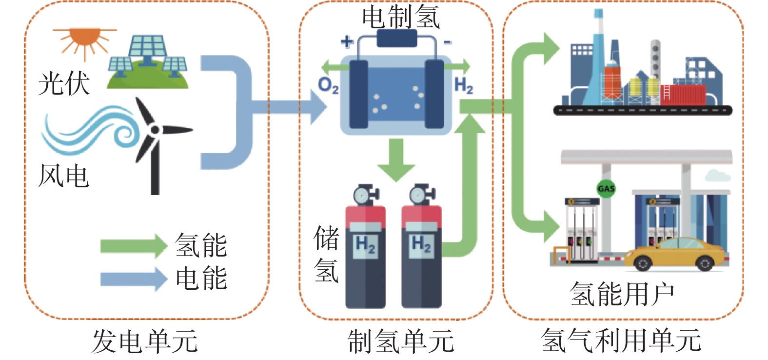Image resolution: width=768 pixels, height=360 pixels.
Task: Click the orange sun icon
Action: click(x=84, y=41)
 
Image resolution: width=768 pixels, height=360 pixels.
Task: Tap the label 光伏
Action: click(x=64, y=83)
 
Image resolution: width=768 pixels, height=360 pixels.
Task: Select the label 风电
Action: click(x=64, y=176)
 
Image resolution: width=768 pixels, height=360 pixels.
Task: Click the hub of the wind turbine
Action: click(x=155, y=130)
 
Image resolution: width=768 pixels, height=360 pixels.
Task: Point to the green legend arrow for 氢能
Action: click(x=134, y=246)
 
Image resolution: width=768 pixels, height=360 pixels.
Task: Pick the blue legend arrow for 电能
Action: click(x=134, y=279)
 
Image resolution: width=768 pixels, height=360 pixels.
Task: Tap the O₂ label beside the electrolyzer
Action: click(x=328, y=85)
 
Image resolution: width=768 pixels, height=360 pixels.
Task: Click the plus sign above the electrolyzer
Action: click(x=347, y=41)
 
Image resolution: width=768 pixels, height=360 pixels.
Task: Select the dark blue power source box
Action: click(x=397, y=38)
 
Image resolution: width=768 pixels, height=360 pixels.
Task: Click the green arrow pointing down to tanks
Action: click(x=396, y=160)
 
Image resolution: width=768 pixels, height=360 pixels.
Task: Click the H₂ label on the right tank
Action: click(x=421, y=244)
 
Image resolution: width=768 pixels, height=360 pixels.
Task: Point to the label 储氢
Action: click(x=326, y=254)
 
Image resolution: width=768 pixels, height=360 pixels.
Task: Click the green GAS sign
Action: click(x=606, y=189)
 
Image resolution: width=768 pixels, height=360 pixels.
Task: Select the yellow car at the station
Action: click(x=674, y=254)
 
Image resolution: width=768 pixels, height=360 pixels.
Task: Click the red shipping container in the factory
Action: click(x=683, y=95)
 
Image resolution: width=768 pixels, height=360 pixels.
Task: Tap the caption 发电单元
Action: click(x=145, y=341)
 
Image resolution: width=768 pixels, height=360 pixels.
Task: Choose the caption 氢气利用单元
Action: click(x=621, y=340)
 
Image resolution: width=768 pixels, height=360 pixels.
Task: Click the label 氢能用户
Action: click(x=622, y=294)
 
